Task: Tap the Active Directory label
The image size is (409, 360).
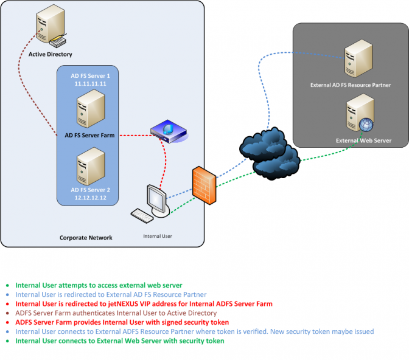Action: pyautogui.click(x=51, y=54)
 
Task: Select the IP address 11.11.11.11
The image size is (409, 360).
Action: pyautogui.click(x=89, y=83)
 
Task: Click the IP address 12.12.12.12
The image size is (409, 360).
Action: pyautogui.click(x=88, y=198)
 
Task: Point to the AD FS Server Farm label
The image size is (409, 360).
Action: pyautogui.click(x=90, y=135)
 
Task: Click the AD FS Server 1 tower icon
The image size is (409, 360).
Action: pyautogui.click(x=88, y=108)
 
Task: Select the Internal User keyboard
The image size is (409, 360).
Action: pyautogui.click(x=142, y=215)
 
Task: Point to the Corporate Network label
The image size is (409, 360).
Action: pyautogui.click(x=86, y=238)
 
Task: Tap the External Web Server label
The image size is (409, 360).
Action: pyautogui.click(x=363, y=141)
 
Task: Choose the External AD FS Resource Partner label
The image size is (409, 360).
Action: pyautogui.click(x=351, y=85)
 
